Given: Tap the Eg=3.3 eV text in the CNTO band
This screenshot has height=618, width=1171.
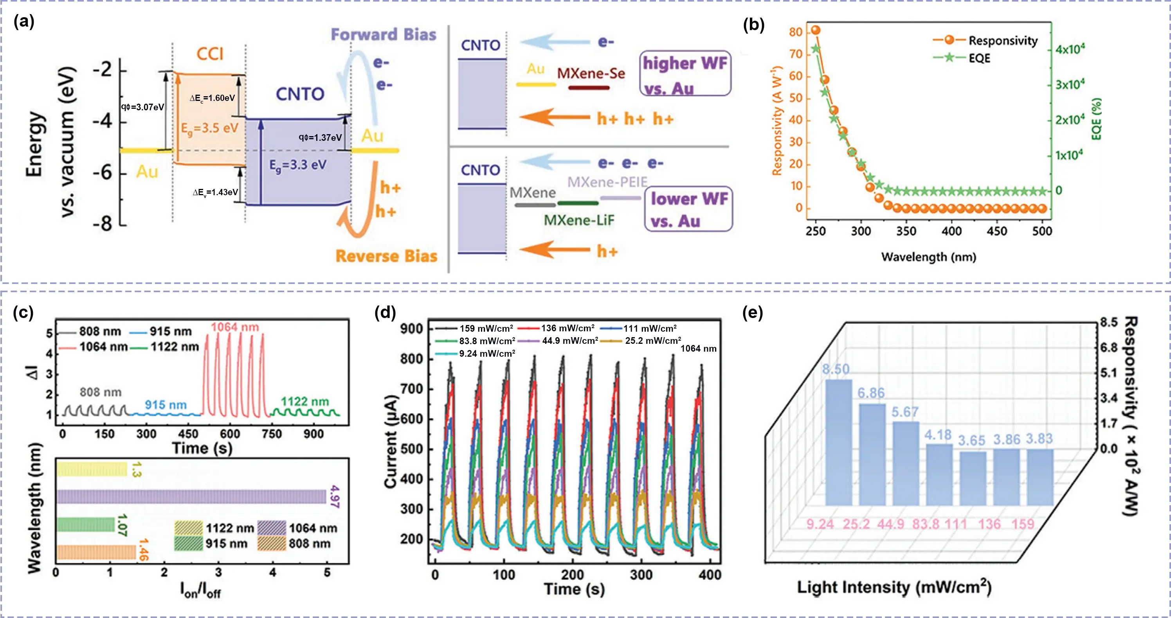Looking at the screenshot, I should pos(298,165).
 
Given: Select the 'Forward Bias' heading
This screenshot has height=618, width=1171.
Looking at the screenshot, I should pos(383,35).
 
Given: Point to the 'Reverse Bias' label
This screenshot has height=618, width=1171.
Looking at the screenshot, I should pos(386,256).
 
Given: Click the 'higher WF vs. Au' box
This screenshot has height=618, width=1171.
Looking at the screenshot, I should pos(685,74).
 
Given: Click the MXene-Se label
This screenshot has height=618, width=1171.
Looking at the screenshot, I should pos(591,74).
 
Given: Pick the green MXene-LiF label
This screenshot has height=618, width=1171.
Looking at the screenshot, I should pos(579,220).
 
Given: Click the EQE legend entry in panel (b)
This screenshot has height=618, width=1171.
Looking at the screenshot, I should pos(979,58).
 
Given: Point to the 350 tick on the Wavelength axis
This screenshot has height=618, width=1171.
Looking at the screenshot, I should pos(906,231).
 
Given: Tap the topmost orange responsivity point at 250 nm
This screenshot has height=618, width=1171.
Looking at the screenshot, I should pos(816,31).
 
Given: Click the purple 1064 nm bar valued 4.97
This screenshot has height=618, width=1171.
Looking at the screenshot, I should pos(191,497).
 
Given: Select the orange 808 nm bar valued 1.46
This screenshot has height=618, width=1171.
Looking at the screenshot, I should pos(96,552).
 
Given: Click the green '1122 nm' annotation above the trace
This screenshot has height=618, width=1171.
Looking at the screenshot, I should pos(304,402).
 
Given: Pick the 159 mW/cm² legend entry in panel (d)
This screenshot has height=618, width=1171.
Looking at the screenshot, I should pos(485,329).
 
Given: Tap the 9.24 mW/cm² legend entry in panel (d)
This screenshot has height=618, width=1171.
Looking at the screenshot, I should pos(486,354).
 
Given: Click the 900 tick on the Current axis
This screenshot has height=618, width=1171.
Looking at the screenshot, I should pos(412,329).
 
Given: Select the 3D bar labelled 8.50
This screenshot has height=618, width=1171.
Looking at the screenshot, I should pos(839,442).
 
